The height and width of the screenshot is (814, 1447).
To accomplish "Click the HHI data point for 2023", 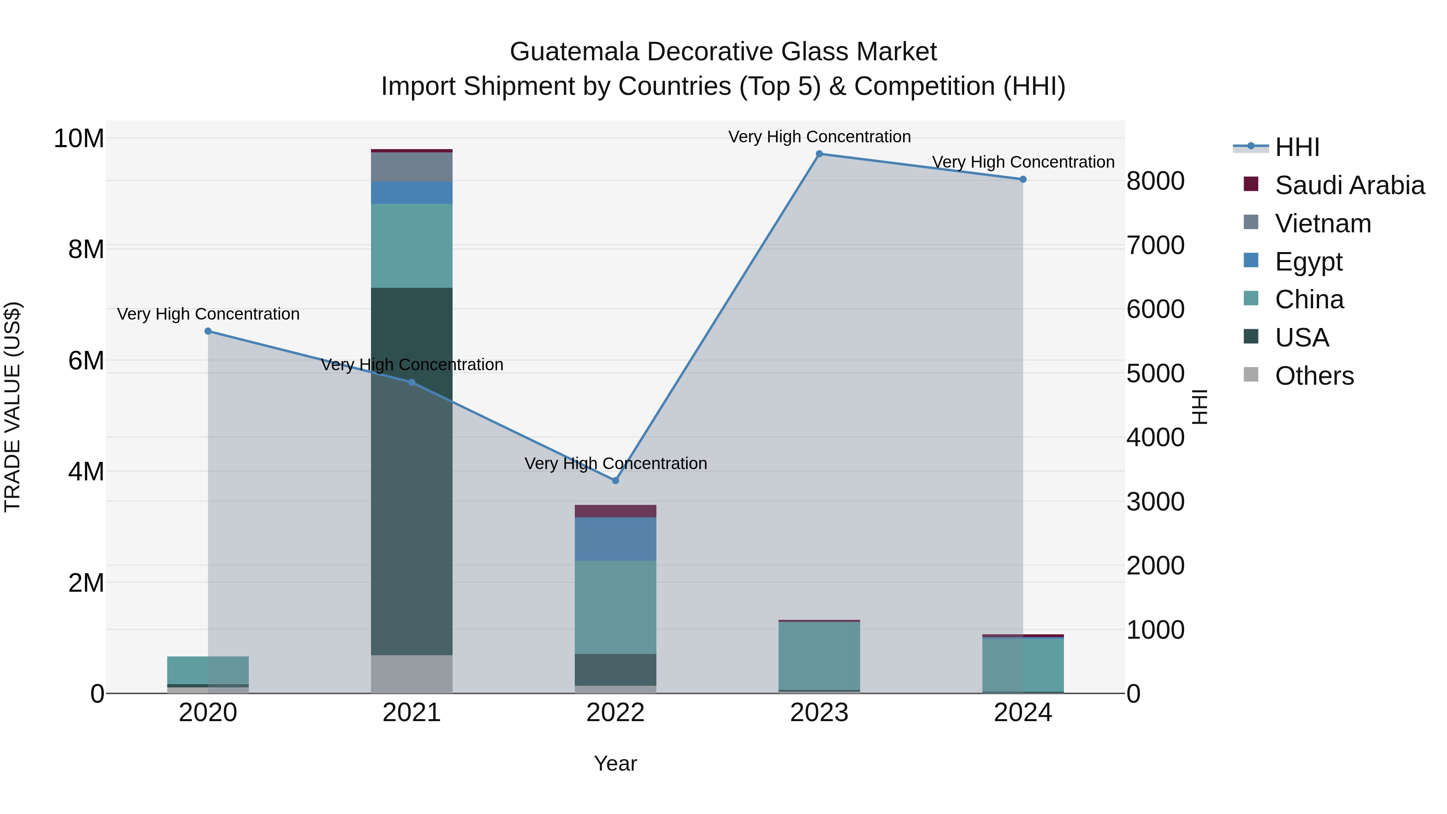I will pyautogui.click(x=819, y=154).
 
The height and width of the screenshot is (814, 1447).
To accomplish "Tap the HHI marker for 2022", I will pyautogui.click(x=615, y=481).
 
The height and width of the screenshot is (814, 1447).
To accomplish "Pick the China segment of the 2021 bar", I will pyautogui.click(x=412, y=246).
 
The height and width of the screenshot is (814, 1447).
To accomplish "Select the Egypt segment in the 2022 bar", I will pyautogui.click(x=615, y=539).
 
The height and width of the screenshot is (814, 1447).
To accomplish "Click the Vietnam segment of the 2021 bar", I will pyautogui.click(x=412, y=167).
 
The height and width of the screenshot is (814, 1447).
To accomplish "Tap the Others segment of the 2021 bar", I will pyautogui.click(x=412, y=674).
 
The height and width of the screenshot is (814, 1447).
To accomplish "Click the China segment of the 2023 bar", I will pyautogui.click(x=819, y=656).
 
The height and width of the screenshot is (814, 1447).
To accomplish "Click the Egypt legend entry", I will pyautogui.click(x=1308, y=262).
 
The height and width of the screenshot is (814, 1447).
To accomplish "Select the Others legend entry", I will pyautogui.click(x=1314, y=376).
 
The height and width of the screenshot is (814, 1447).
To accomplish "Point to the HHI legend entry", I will pyautogui.click(x=1296, y=147).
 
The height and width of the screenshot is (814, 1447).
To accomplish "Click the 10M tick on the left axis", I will pyautogui.click(x=79, y=138).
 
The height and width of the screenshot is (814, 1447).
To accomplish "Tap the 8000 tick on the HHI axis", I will pyautogui.click(x=1156, y=181).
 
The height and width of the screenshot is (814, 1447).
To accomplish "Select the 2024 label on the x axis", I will pyautogui.click(x=1022, y=713).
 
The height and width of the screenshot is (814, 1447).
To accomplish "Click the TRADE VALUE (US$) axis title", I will pyautogui.click(x=12, y=407).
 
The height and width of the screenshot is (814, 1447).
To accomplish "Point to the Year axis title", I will pyautogui.click(x=615, y=763).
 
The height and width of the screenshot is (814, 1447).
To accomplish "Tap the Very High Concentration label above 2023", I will pyautogui.click(x=819, y=137).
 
